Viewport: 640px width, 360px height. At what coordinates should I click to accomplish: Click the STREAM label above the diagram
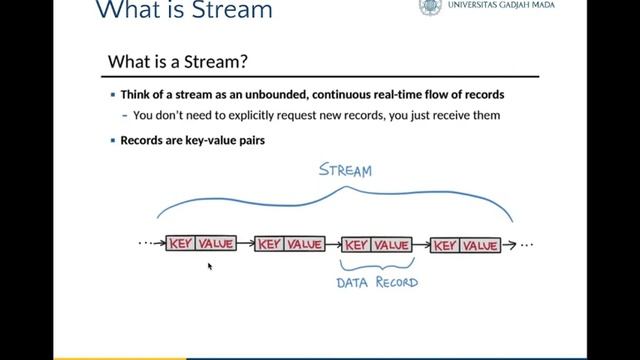(x=345, y=170)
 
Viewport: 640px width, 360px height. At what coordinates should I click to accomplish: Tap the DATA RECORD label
(x=377, y=282)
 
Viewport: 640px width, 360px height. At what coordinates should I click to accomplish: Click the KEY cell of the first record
(x=181, y=244)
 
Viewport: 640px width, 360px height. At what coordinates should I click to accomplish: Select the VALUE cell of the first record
(x=216, y=244)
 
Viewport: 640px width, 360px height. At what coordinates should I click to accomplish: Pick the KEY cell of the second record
(x=270, y=244)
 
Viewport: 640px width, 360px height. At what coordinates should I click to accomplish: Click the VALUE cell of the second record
(x=305, y=244)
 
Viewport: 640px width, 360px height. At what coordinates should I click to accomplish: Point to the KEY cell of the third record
(x=357, y=244)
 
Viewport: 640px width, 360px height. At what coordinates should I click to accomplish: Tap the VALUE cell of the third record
(x=392, y=244)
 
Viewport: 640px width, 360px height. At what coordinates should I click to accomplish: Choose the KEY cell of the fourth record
(x=445, y=244)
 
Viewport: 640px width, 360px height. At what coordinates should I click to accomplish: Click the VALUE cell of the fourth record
(x=480, y=244)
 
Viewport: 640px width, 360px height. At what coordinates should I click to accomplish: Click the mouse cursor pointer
(x=210, y=266)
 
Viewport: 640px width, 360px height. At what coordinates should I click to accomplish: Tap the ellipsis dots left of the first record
(x=150, y=244)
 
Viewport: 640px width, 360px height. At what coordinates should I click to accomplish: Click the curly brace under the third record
(x=376, y=266)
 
